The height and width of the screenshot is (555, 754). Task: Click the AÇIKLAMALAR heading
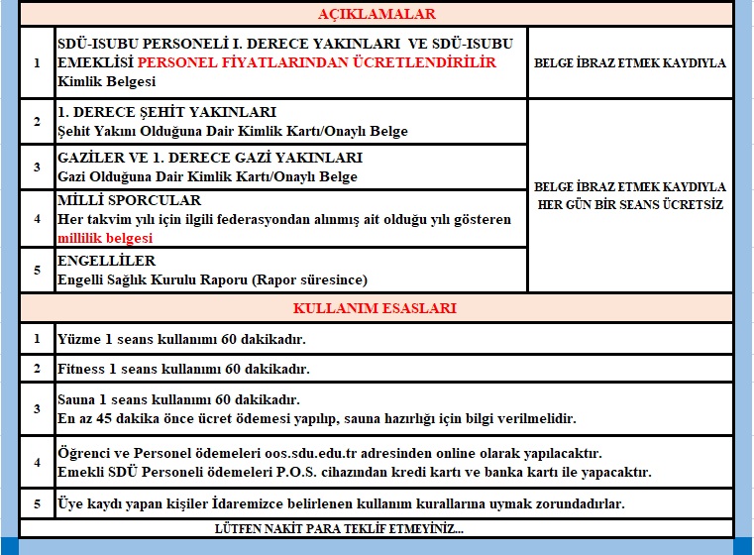(377, 14)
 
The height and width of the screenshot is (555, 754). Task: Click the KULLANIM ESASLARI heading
(377, 307)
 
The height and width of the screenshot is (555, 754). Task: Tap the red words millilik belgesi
(105, 238)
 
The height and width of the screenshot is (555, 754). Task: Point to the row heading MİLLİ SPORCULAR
(116, 201)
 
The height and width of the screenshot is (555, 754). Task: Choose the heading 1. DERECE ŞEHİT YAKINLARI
(166, 112)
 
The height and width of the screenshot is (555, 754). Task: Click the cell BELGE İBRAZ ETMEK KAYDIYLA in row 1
(629, 62)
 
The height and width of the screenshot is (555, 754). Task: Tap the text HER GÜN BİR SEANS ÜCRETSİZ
(629, 204)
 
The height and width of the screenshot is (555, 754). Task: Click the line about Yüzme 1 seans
(181, 339)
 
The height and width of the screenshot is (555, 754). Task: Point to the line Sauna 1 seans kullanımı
(178, 399)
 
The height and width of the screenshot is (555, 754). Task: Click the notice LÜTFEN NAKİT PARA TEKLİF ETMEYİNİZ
(339, 528)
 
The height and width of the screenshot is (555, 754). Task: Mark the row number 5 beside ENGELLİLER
(37, 270)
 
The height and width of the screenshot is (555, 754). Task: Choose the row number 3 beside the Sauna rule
(37, 408)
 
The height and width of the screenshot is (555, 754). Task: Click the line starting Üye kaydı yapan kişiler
(341, 503)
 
